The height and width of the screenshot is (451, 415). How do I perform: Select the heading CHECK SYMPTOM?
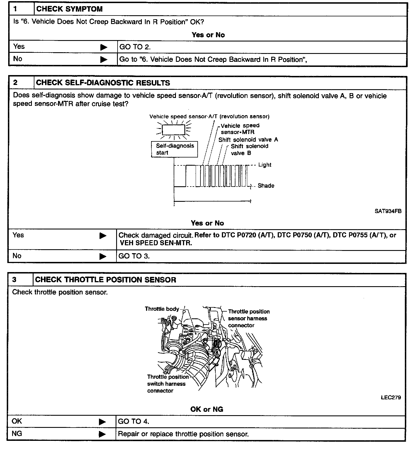(x=69, y=9)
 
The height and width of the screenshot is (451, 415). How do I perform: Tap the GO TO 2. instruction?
(x=135, y=47)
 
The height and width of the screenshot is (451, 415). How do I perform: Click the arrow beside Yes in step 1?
(x=104, y=47)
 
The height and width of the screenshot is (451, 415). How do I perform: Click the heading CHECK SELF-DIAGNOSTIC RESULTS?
(x=103, y=83)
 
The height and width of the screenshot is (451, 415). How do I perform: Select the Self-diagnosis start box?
(x=175, y=149)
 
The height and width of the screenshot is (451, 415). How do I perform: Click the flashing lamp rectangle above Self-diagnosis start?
(x=173, y=130)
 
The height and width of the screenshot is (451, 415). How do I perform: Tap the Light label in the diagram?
(x=265, y=165)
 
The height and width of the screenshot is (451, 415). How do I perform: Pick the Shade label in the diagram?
(x=266, y=186)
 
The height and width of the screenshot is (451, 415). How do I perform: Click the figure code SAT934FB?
(x=388, y=211)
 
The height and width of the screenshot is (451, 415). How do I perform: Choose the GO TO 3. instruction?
(x=134, y=256)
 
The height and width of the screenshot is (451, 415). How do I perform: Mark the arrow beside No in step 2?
(x=103, y=256)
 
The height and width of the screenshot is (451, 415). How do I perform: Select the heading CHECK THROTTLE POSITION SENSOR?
(x=105, y=280)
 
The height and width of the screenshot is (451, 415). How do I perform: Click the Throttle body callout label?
(x=162, y=309)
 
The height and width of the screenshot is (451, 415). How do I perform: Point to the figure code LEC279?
(x=391, y=397)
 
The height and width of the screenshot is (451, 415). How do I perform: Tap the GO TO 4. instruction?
(x=133, y=422)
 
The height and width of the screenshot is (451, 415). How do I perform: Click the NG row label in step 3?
(x=17, y=434)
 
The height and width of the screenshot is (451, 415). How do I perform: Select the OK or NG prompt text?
(x=207, y=409)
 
